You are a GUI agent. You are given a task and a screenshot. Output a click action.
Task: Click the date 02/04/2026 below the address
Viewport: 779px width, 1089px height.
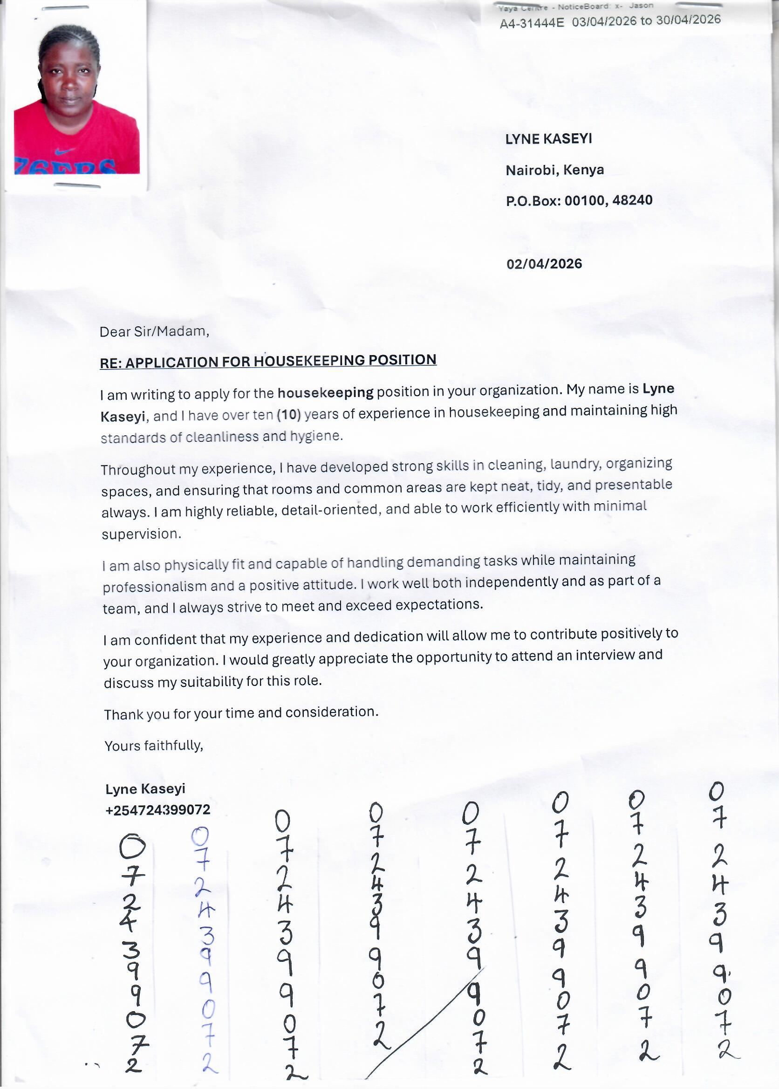point(544,264)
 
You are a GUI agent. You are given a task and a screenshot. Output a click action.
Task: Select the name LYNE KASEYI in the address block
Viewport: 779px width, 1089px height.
point(548,139)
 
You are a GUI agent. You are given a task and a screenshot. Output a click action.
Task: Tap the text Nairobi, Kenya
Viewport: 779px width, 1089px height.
point(554,170)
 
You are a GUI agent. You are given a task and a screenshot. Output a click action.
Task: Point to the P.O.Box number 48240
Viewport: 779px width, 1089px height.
point(632,199)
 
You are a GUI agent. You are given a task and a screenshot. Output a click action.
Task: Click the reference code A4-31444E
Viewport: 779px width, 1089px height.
point(532,22)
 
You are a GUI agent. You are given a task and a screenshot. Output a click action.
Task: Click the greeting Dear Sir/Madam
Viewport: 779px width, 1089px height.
point(154,331)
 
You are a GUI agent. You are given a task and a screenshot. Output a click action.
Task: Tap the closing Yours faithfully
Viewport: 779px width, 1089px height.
point(153,746)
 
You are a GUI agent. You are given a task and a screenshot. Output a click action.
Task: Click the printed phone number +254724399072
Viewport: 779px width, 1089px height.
point(158,810)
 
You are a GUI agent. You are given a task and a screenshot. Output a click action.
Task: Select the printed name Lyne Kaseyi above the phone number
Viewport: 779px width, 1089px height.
point(145,789)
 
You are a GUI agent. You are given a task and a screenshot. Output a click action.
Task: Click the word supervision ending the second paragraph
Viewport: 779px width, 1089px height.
point(141,534)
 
